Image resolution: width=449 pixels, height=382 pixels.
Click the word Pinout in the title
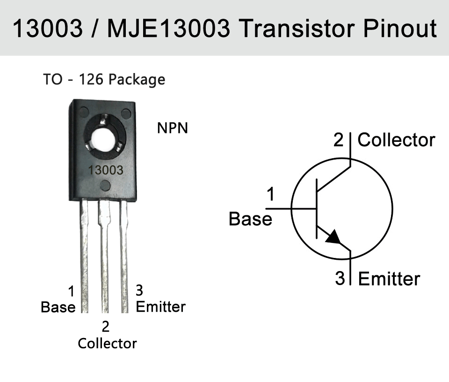coord(400,28)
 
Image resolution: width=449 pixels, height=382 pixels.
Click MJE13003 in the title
coord(168,28)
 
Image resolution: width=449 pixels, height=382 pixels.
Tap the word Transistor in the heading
coord(297,28)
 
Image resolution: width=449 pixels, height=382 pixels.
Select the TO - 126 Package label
coord(104,80)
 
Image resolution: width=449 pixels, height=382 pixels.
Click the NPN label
coord(173,128)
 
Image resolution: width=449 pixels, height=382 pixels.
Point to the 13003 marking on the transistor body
coord(105,170)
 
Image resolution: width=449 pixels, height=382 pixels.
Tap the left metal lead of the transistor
coord(84,256)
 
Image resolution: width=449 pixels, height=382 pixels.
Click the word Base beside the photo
coord(58,307)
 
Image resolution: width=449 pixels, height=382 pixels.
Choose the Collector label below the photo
coord(108,343)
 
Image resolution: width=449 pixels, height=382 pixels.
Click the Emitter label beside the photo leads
coord(160,307)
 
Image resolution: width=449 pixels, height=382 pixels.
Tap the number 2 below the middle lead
coord(105,326)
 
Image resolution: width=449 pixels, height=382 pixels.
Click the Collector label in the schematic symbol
coord(396,140)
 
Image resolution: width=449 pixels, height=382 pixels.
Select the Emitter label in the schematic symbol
coord(389,279)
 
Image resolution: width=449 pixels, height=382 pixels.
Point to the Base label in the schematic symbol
coord(250,219)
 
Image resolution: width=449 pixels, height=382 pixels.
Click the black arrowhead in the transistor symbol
coord(333,237)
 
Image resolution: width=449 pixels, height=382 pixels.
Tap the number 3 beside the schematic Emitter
coord(340,278)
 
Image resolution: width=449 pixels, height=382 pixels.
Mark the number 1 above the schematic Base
coord(271,194)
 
